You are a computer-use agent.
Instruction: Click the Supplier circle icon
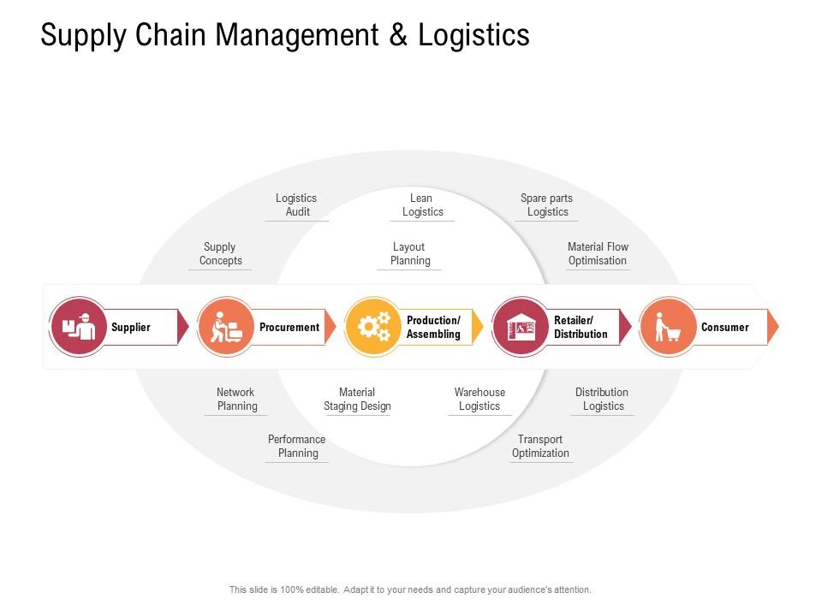[78, 327]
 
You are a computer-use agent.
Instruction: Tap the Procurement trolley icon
[226, 327]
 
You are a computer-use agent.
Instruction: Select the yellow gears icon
[374, 327]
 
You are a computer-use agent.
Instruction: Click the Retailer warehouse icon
[521, 327]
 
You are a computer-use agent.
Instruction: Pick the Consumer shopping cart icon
[668, 327]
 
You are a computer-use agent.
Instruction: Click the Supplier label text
[130, 328]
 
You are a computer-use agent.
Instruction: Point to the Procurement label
[289, 328]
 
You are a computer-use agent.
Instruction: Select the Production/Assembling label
[433, 328]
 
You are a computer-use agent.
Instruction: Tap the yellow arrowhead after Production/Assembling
[477, 327]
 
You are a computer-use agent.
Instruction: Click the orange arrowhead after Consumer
[772, 327]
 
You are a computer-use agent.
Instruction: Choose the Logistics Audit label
[297, 204]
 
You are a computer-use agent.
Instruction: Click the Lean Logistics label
[422, 204]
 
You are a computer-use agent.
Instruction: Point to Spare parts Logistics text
[547, 204]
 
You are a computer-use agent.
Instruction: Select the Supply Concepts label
[220, 253]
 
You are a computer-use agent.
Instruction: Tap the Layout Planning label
[410, 253]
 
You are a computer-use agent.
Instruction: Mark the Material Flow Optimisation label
[598, 253]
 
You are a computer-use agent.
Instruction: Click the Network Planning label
[236, 400]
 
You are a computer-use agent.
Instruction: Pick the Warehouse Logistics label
[479, 400]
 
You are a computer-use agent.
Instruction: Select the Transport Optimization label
[540, 447]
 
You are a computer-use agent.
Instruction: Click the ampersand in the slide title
[398, 35]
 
